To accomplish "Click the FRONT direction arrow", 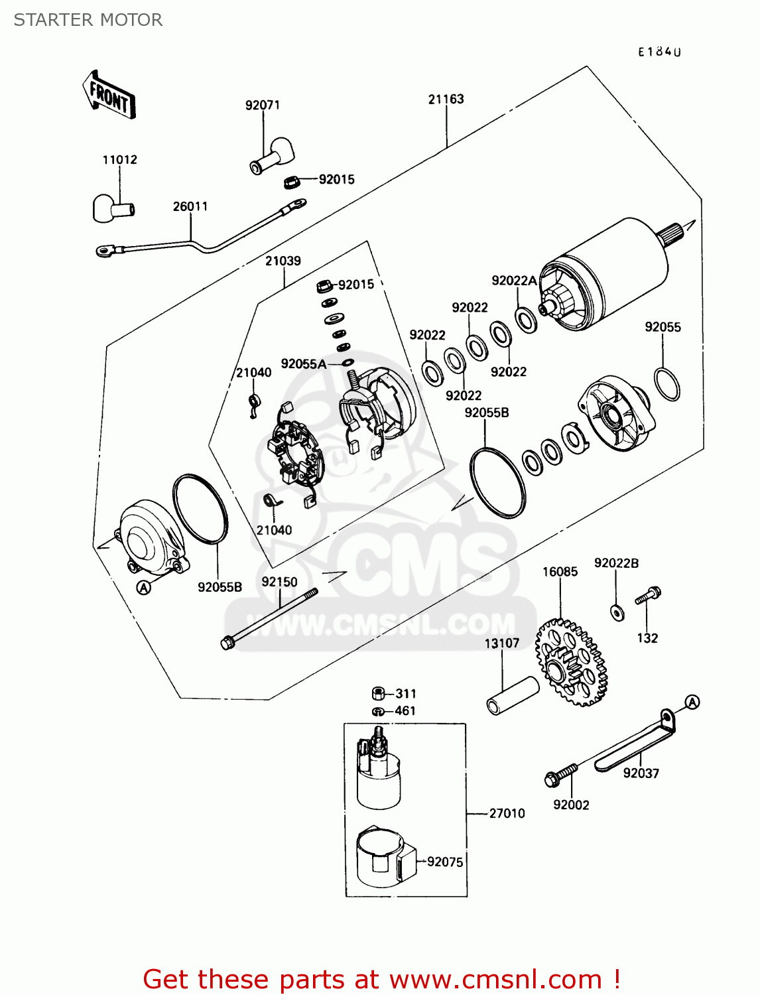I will pyautogui.click(x=109, y=96).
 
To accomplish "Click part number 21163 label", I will pyautogui.click(x=446, y=99).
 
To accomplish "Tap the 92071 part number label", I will pyautogui.click(x=263, y=105).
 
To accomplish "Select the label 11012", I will pyautogui.click(x=120, y=160).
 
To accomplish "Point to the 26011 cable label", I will pyautogui.click(x=190, y=206).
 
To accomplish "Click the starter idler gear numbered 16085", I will pyautogui.click(x=572, y=661).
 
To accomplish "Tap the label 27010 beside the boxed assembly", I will pyautogui.click(x=507, y=813).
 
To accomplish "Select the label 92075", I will pyautogui.click(x=445, y=862).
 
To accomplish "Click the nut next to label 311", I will pyautogui.click(x=377, y=693).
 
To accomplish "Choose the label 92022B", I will pyautogui.click(x=616, y=563).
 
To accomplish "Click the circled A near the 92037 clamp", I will pyautogui.click(x=692, y=702).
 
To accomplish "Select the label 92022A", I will pyautogui.click(x=514, y=281).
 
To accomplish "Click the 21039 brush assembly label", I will pyautogui.click(x=283, y=261).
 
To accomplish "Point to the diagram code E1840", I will pyautogui.click(x=659, y=52).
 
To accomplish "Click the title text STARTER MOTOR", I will pyautogui.click(x=88, y=20).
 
